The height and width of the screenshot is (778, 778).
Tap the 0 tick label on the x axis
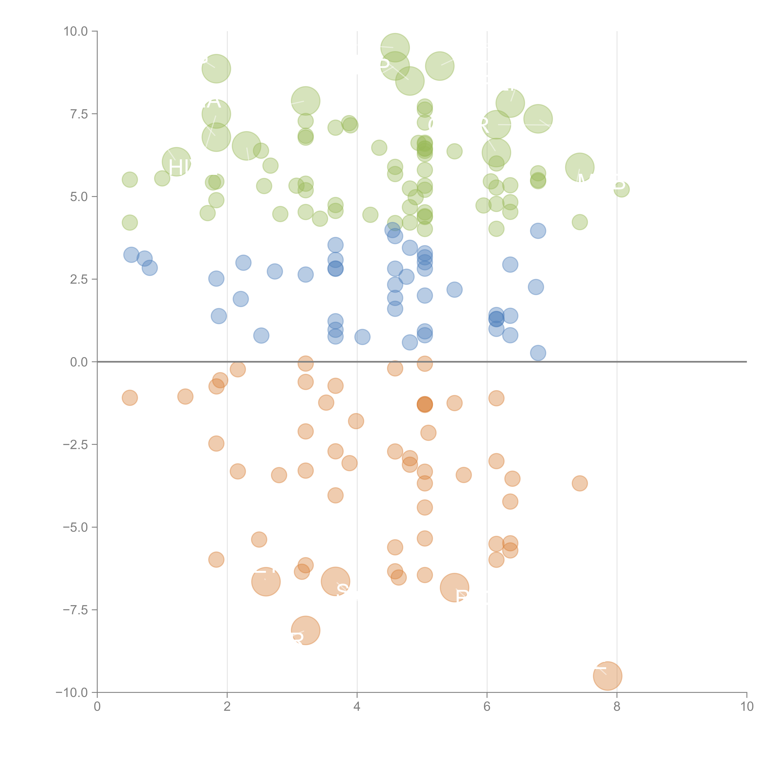tap(97, 707)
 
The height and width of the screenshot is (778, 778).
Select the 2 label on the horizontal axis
tap(227, 707)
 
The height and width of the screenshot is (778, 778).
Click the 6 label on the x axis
tap(487, 707)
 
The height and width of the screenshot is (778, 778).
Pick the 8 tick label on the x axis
tap(617, 707)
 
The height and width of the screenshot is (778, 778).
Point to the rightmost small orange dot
tap(579, 483)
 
